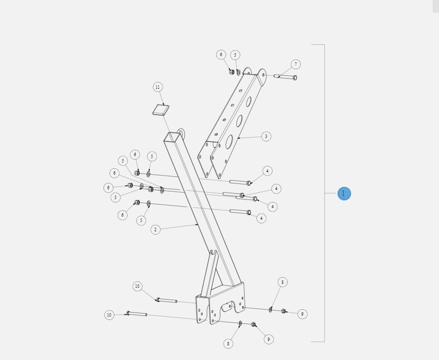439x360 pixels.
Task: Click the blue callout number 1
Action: [344, 194]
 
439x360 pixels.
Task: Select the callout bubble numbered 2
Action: [155, 229]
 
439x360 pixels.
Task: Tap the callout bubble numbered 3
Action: [266, 137]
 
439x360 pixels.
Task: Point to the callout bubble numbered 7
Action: [295, 64]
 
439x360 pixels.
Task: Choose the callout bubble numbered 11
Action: [157, 87]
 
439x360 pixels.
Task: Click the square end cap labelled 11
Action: [161, 110]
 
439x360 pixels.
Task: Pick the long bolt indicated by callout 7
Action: [284, 77]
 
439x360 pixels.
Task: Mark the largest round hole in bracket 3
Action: [229, 141]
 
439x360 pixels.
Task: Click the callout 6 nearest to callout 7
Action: [221, 55]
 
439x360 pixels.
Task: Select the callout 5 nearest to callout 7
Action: [235, 55]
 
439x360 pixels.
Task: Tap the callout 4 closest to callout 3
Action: [267, 171]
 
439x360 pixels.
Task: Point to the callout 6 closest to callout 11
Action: [135, 155]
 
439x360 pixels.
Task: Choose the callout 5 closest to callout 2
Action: [141, 220]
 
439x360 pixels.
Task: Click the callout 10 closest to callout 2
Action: [138, 286]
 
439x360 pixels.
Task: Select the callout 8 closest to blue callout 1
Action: [282, 282]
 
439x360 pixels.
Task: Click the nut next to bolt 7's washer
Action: [231, 72]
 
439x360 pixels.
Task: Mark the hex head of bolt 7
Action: [294, 78]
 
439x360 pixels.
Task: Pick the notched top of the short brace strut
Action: [213, 253]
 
